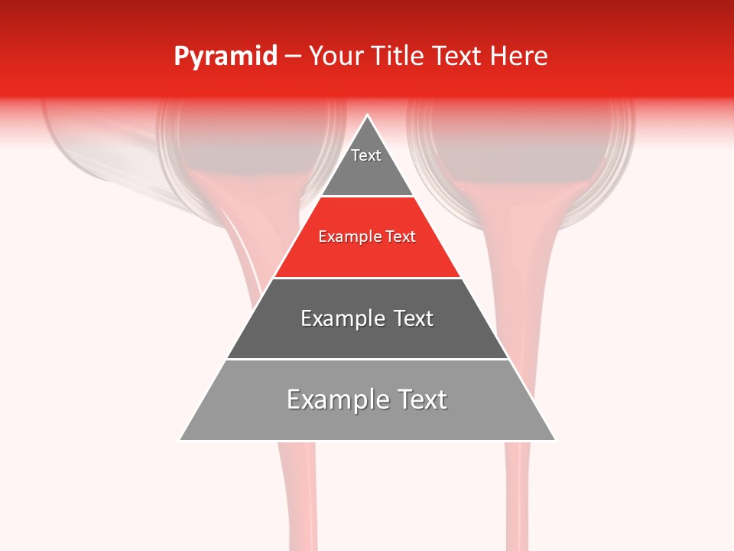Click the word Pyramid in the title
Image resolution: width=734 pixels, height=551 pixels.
[225, 57]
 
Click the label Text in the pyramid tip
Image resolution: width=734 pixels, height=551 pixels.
[366, 155]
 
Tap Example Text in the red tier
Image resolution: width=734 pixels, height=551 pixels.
[367, 237]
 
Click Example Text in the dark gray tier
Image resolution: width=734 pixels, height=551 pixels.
[367, 318]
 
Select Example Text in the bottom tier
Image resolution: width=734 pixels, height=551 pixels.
[367, 399]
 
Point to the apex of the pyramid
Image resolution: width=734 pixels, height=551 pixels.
[368, 116]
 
